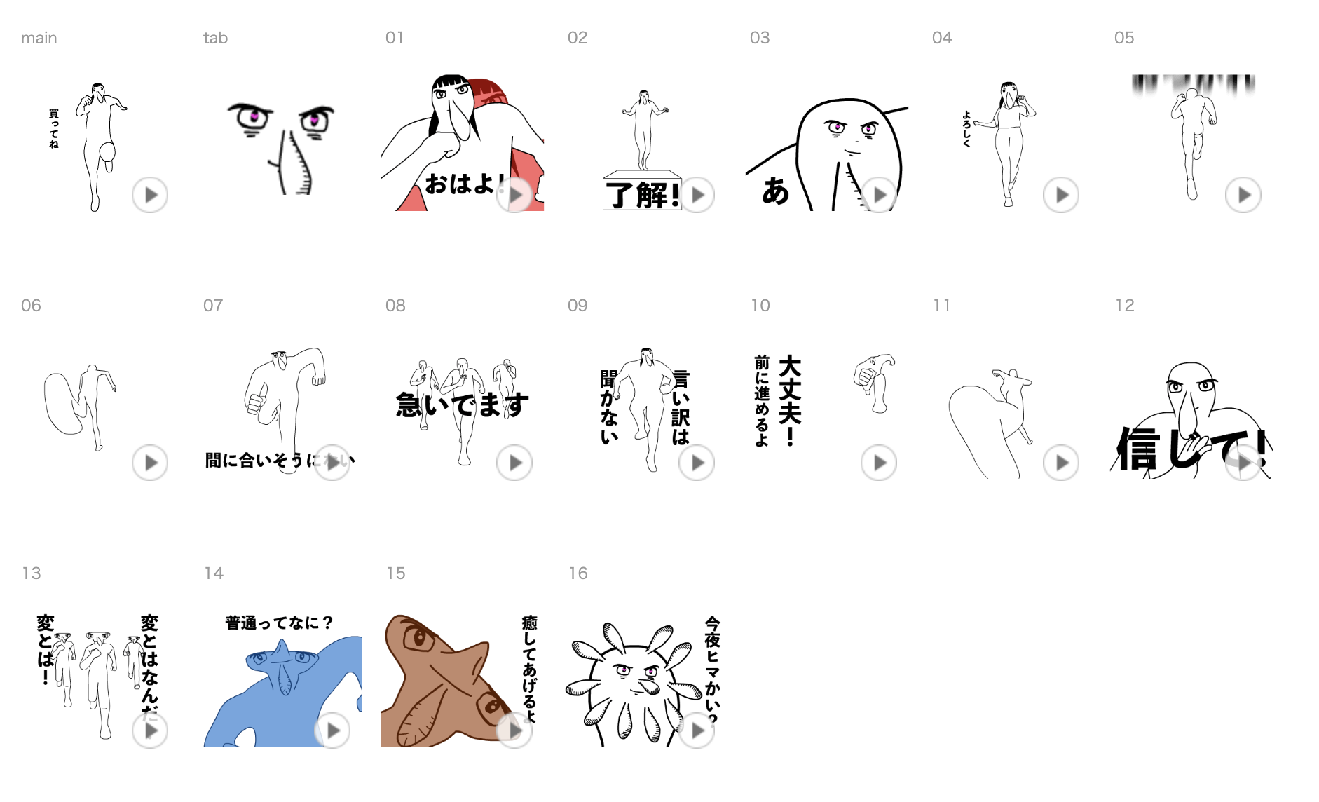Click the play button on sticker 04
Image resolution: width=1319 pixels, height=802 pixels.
point(1060,195)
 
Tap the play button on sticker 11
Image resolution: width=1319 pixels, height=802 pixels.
point(1060,463)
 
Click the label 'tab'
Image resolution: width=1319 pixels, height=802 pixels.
point(215,38)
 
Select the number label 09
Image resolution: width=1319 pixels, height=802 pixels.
point(578,306)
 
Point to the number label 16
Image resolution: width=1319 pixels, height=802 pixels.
point(578,573)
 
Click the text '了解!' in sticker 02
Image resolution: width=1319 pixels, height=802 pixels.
point(642,194)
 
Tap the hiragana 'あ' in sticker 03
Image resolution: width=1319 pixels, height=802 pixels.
point(775,191)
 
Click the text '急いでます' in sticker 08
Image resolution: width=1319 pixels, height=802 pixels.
point(462,405)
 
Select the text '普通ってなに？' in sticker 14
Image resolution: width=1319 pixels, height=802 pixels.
point(278,623)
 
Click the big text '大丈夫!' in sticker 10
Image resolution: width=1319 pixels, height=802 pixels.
point(790,400)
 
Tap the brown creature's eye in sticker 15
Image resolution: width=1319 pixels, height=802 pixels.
point(419,638)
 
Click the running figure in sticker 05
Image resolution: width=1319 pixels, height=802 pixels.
point(1191,133)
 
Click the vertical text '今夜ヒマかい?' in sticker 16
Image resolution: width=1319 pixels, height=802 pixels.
point(712,670)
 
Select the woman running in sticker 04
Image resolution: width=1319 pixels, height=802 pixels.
point(1008,140)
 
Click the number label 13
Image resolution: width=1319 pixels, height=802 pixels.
point(32,573)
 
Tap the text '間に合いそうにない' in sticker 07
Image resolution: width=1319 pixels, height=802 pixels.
point(279,461)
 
